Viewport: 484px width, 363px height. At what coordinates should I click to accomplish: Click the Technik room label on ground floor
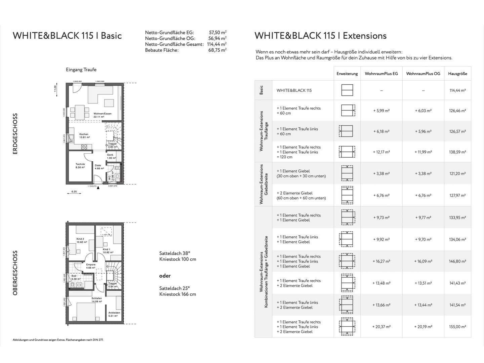pos(80,164)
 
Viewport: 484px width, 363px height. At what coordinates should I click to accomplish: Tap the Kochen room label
pos(84,134)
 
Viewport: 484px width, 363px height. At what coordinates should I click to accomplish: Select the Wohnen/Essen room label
pos(103,114)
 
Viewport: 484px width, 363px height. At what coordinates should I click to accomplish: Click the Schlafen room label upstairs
pos(96,298)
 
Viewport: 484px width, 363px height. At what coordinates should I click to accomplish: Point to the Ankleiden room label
pos(114,313)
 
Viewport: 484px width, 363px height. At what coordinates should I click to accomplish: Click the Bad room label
pos(74,276)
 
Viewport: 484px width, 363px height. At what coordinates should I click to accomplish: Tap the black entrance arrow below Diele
pos(98,188)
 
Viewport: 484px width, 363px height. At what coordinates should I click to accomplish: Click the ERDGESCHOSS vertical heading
pos(15,134)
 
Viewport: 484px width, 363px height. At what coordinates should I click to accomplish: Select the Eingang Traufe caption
pos(81,70)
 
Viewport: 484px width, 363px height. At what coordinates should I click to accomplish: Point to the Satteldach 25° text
pos(174,288)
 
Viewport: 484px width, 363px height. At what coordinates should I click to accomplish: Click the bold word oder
pos(165,276)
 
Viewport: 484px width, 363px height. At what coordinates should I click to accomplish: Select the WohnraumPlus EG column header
pos(381,74)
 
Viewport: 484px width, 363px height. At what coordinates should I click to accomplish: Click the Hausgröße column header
pos(457,74)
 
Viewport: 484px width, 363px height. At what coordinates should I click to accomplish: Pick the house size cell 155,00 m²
pos(457,327)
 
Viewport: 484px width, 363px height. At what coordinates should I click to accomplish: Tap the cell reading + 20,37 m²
pos(381,327)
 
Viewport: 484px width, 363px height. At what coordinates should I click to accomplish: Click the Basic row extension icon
pos(347,90)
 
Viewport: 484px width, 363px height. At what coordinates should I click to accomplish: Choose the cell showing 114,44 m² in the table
pos(457,90)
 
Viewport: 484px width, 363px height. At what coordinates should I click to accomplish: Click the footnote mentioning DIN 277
pos(58,340)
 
